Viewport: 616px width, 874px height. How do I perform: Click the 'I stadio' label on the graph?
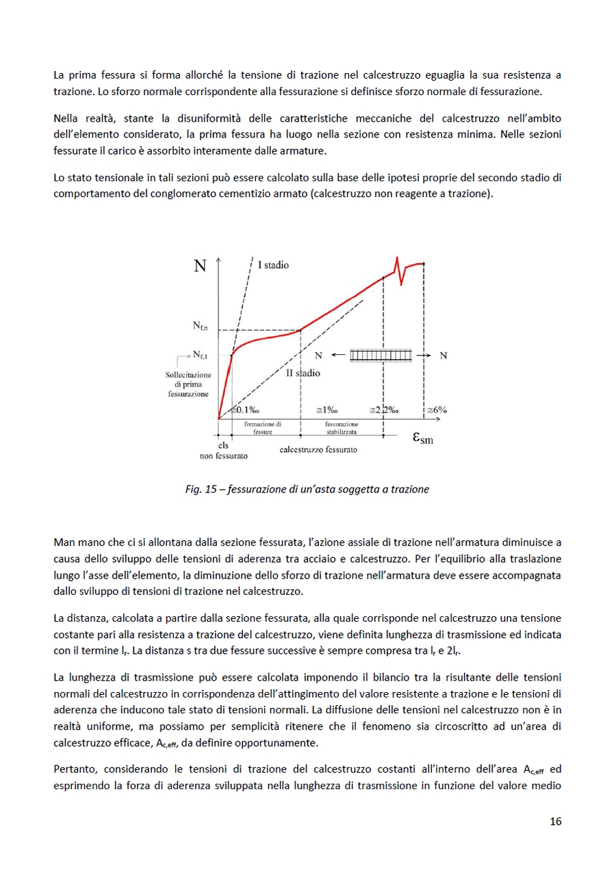coord(273,265)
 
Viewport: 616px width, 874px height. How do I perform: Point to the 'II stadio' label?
coord(303,373)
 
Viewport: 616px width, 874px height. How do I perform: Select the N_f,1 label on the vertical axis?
coord(200,354)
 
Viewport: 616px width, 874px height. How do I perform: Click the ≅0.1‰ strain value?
coord(244,410)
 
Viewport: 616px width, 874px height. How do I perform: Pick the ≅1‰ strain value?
coord(326,410)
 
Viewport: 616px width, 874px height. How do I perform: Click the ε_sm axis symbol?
coord(422,438)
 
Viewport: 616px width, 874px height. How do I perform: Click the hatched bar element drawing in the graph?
coord(381,356)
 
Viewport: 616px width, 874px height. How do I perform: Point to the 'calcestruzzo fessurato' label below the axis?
coord(318,450)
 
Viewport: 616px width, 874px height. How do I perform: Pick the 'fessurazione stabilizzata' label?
coord(341,428)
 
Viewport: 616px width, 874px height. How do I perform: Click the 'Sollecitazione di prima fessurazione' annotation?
coord(188,385)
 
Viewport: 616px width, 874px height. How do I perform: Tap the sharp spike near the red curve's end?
coord(396,263)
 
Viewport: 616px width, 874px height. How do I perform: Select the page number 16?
coord(555,821)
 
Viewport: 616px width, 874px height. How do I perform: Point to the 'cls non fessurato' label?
coord(223,450)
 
